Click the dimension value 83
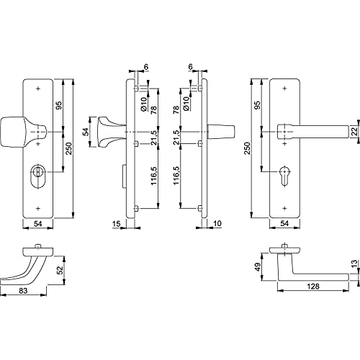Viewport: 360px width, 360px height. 23,291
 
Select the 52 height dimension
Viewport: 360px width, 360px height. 60,270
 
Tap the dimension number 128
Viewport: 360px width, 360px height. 313,287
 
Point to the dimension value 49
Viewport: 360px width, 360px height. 258,267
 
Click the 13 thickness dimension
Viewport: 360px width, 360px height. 354,264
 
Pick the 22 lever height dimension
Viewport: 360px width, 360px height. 355,132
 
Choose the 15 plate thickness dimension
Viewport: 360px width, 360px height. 116,224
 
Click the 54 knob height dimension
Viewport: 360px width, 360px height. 86,132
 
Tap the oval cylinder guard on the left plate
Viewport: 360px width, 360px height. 37,177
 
